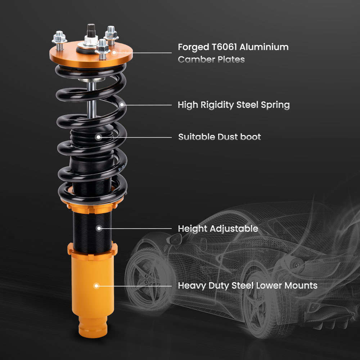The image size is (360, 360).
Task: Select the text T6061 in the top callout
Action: coord(224,47)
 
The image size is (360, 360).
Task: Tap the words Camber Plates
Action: coord(211,59)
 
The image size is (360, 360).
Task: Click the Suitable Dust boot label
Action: coord(220,137)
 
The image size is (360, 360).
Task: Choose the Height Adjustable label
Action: coord(218,229)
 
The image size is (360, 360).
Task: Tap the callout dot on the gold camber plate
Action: coord(114,53)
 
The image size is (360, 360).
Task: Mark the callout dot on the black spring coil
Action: coord(122,105)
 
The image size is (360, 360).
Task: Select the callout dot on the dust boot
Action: coord(99,137)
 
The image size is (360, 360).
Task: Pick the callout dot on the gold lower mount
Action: coord(96,286)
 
